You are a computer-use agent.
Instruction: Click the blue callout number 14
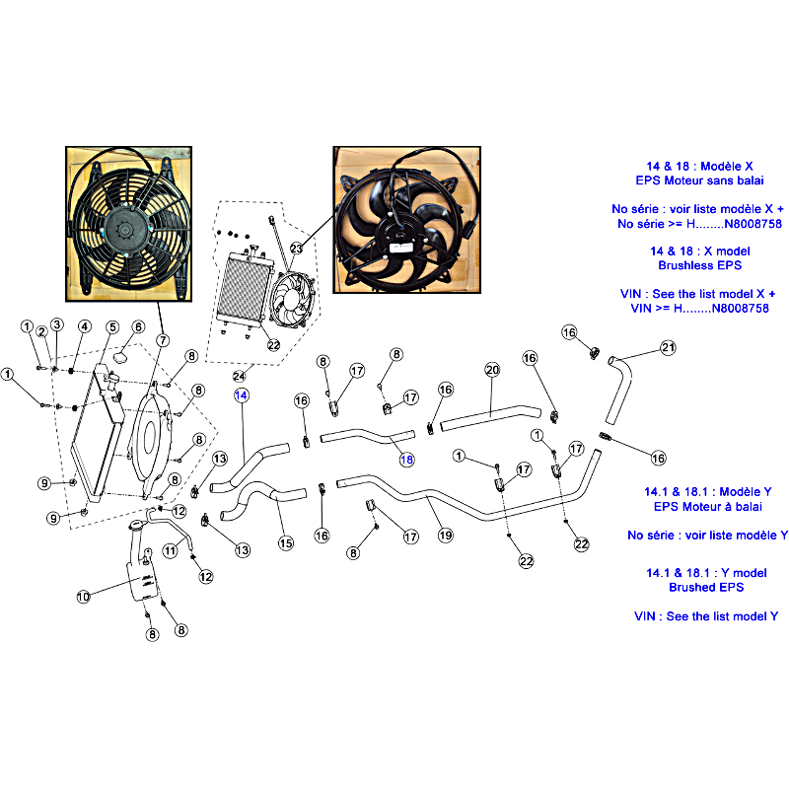241,395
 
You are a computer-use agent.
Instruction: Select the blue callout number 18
406,460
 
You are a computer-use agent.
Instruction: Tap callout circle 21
668,348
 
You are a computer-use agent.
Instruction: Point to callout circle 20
492,370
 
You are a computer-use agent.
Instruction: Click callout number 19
446,535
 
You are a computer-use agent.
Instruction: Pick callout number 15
286,543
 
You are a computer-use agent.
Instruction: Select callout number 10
83,597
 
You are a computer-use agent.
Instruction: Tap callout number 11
170,551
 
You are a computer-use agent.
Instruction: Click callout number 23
297,249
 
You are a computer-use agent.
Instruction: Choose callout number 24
239,376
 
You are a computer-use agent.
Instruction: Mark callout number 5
112,327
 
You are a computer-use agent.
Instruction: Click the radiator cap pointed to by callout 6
120,357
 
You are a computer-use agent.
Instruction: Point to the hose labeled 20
490,417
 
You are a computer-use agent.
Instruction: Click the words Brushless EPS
699,265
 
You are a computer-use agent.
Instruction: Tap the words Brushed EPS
706,587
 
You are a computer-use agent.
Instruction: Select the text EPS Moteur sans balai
699,180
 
